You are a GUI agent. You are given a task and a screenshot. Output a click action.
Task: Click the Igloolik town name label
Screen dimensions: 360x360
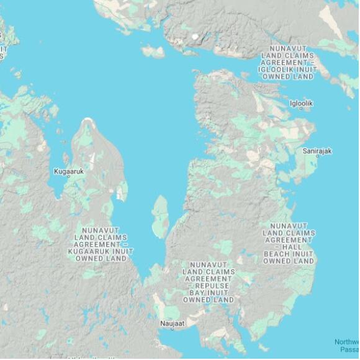click(301, 102)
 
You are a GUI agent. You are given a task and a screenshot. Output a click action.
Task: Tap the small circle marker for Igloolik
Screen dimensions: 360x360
click(302, 109)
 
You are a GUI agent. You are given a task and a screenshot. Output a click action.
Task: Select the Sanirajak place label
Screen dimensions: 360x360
click(317, 151)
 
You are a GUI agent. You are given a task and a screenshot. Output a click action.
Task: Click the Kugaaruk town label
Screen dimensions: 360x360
click(68, 170)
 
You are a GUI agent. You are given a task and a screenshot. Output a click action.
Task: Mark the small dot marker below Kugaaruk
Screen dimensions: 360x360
click(68, 177)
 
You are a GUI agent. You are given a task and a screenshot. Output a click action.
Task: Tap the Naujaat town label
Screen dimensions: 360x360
click(173, 323)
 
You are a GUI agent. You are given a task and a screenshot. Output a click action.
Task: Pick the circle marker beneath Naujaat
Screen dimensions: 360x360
click(173, 330)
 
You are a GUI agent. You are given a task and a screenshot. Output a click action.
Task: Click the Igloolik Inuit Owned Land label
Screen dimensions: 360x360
click(288, 63)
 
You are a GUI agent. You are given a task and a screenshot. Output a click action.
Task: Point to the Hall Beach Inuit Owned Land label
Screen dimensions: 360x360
click(288, 243)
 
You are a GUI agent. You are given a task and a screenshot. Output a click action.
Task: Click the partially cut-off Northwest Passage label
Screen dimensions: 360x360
click(346, 345)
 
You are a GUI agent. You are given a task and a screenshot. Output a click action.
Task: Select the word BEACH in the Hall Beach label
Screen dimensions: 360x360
click(281, 254)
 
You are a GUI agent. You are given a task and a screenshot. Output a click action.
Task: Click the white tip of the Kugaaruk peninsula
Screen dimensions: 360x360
click(88, 120)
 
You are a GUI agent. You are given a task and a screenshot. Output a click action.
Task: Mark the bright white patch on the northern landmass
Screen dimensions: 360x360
click(196, 37)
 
